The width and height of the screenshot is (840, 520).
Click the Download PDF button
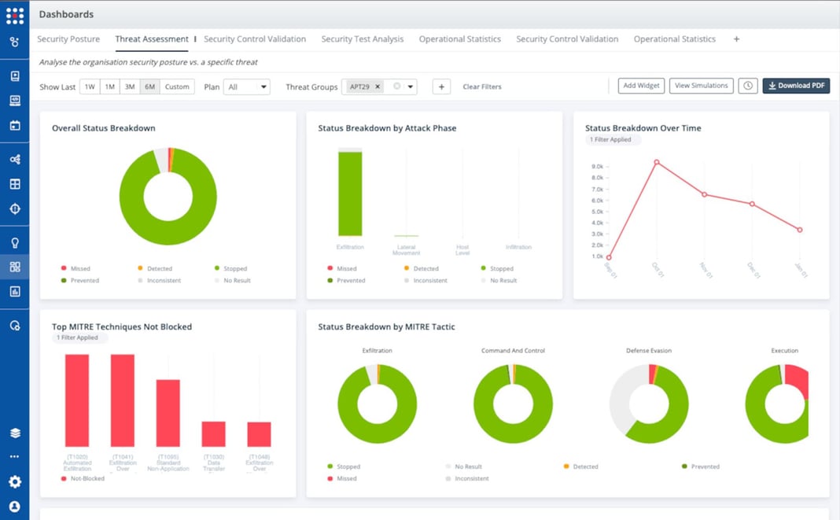tap(795, 86)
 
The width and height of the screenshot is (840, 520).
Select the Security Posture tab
tap(68, 39)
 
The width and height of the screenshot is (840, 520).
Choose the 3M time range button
tap(130, 87)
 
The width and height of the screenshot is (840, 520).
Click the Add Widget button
tap(641, 86)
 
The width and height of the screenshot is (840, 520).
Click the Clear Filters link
tap(481, 87)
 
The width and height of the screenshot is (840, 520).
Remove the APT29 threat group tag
tap(378, 87)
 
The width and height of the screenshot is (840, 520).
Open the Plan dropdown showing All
tap(247, 87)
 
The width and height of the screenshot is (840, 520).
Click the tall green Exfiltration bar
tap(350, 194)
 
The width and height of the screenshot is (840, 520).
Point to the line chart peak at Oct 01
tap(656, 162)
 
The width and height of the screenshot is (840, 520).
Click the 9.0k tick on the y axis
tap(597, 167)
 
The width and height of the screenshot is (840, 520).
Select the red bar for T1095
tap(168, 413)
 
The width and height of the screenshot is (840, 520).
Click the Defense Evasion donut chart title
tap(649, 351)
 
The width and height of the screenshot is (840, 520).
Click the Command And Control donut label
tap(513, 351)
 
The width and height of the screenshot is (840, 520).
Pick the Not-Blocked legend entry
tap(87, 478)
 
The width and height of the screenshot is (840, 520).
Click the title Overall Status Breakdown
tap(103, 128)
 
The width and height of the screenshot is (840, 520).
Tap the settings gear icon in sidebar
tap(14, 481)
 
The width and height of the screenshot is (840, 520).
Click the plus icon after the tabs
tap(736, 39)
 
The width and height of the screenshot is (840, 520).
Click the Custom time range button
tap(177, 87)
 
